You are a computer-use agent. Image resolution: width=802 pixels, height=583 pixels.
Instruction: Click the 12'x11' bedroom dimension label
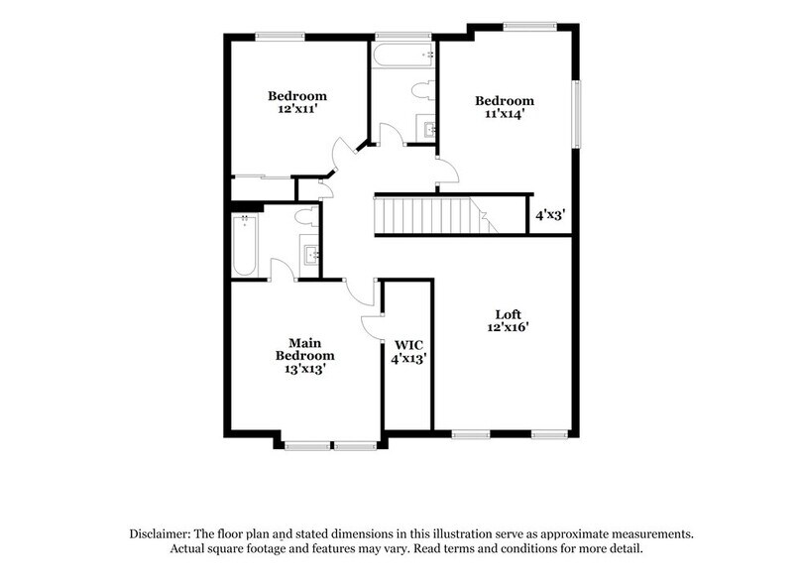[297, 111]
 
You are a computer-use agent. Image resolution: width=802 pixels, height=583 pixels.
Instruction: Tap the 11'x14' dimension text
[504, 114]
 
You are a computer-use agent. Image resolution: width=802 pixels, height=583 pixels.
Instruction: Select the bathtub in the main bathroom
[244, 245]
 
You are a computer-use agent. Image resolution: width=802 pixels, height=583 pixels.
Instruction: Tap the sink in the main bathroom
[311, 256]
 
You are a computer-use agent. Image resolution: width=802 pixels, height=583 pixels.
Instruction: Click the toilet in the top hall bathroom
[423, 92]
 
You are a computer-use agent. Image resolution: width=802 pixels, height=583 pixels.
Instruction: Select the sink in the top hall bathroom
[429, 128]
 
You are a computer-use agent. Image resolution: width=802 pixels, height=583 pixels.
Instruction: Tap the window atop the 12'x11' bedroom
[280, 37]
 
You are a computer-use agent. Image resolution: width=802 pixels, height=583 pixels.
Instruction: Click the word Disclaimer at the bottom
[162, 533]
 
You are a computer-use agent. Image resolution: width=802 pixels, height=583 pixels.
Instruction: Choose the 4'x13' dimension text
[408, 359]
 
